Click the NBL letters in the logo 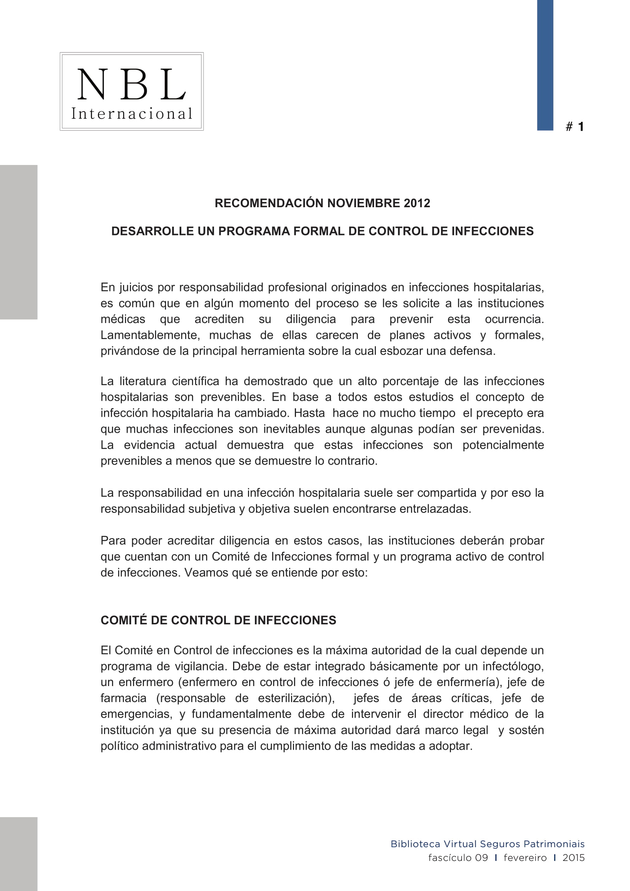pyautogui.click(x=131, y=84)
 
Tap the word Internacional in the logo pyautogui.click(x=131, y=114)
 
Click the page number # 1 pyautogui.click(x=575, y=126)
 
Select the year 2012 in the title pyautogui.click(x=417, y=203)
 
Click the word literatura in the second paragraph pyautogui.click(x=143, y=381)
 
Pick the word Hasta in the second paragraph pyautogui.click(x=309, y=413)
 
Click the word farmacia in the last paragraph pyautogui.click(x=123, y=699)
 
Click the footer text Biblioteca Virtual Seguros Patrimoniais pyautogui.click(x=487, y=844)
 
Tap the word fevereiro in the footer pyautogui.click(x=525, y=857)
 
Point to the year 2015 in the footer pyautogui.click(x=573, y=857)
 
